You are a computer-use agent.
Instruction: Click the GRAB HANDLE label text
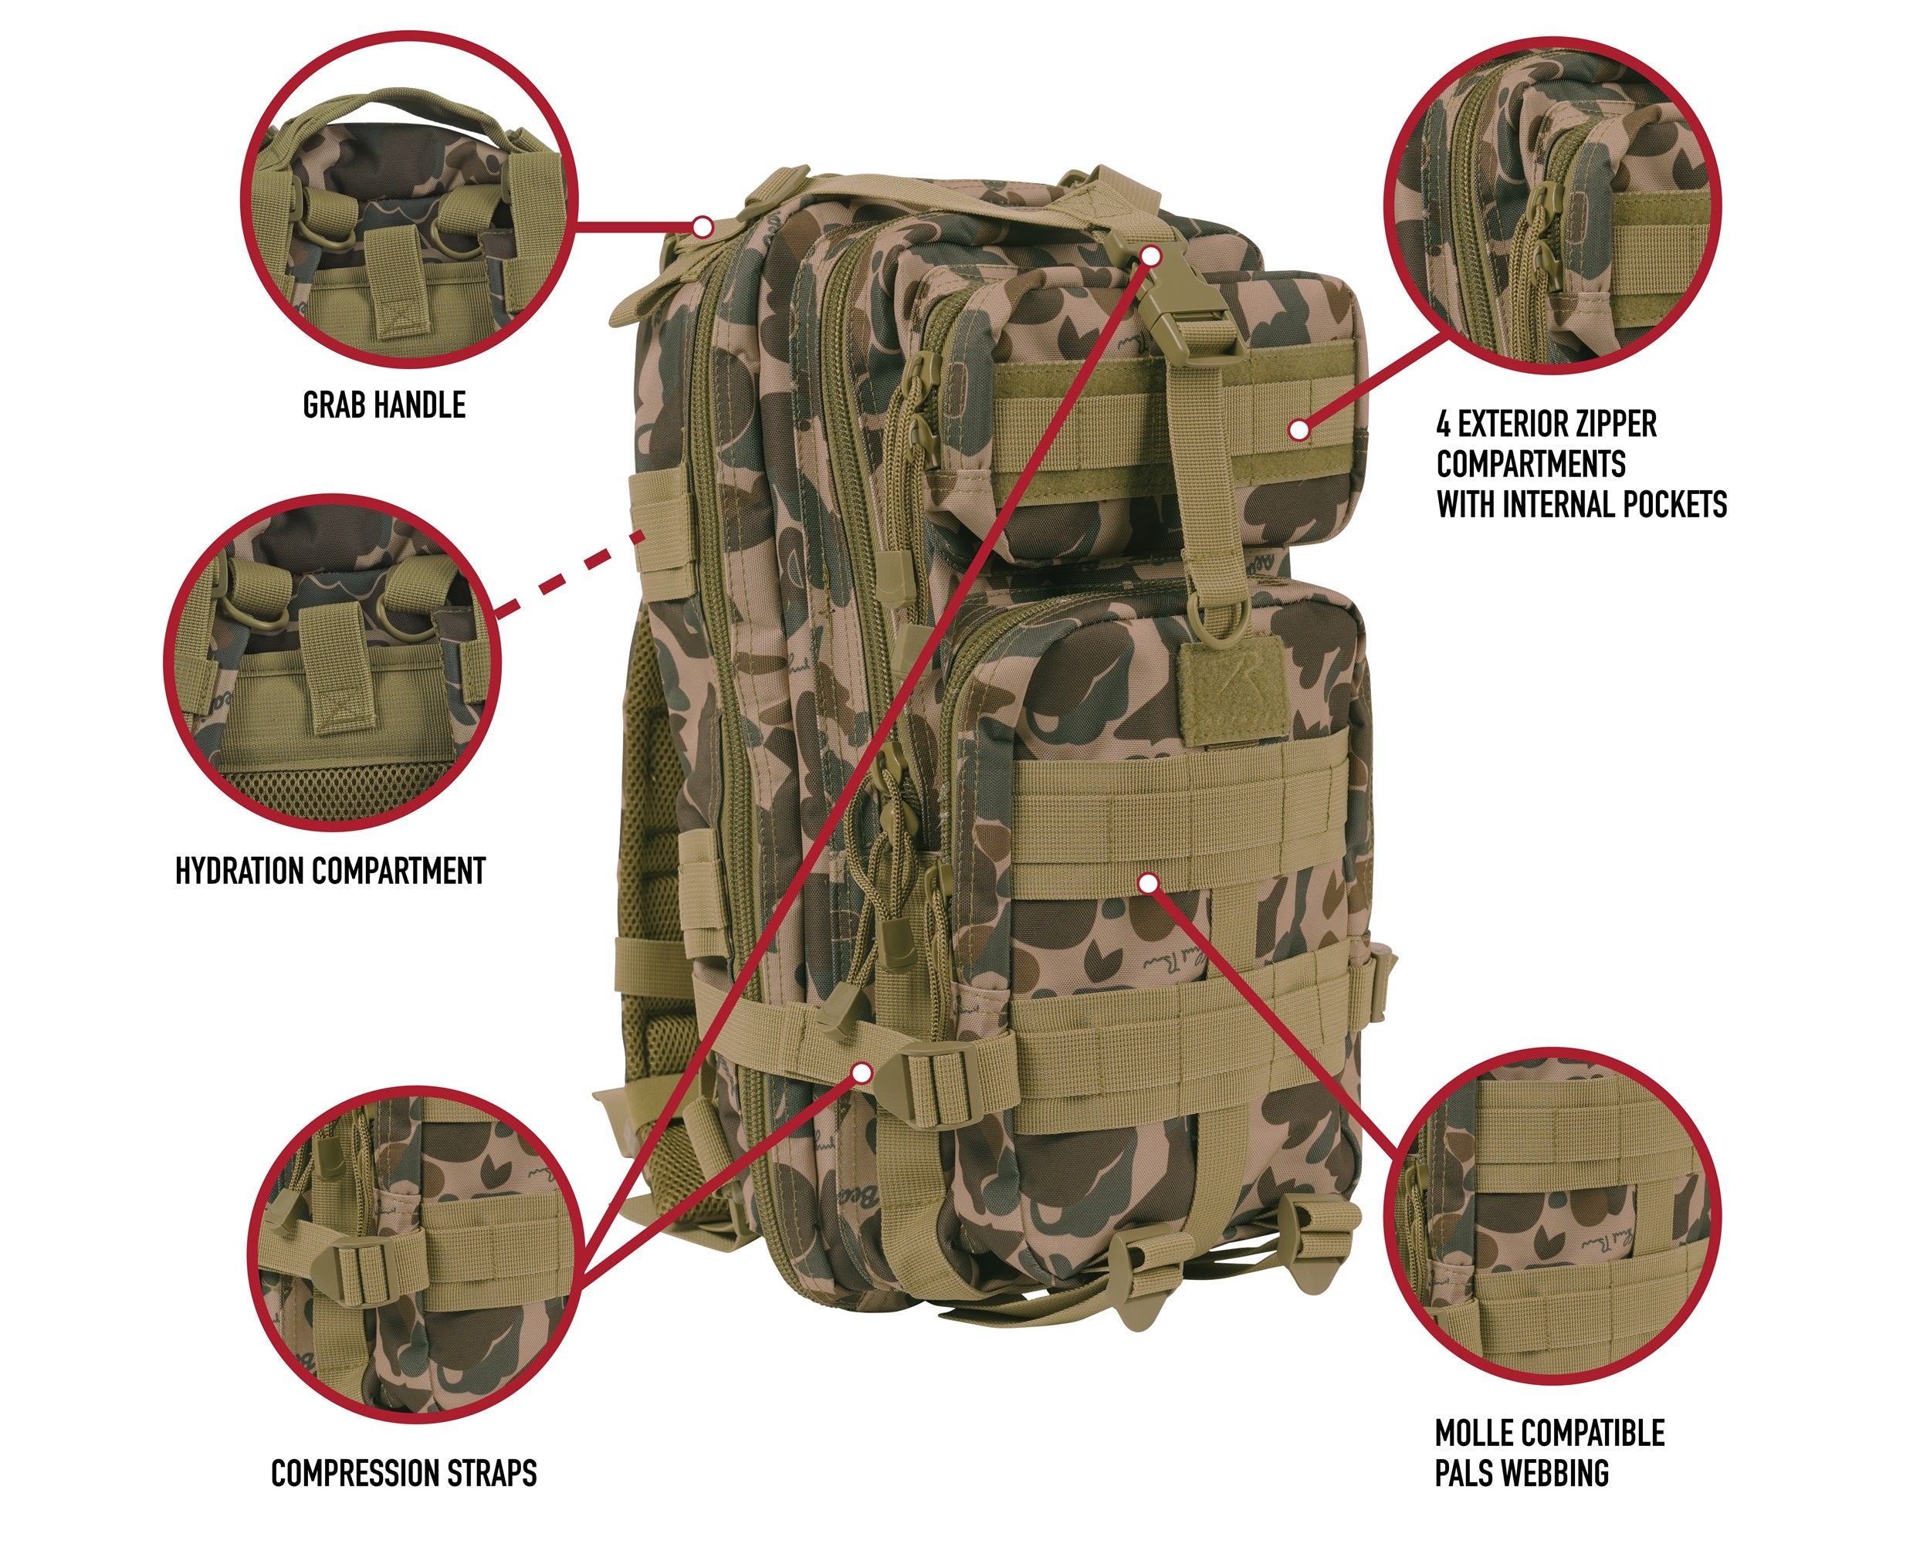tap(384, 405)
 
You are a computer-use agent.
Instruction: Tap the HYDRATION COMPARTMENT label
tap(330, 871)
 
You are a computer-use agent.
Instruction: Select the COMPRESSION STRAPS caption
tap(404, 1472)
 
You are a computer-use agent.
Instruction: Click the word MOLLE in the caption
tap(1482, 1433)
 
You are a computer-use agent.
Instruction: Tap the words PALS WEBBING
tap(1521, 1472)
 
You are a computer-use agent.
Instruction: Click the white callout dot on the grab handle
tap(703, 225)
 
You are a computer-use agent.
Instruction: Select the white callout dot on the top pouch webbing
tap(1300, 430)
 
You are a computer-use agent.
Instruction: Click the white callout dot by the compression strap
tap(863, 1072)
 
